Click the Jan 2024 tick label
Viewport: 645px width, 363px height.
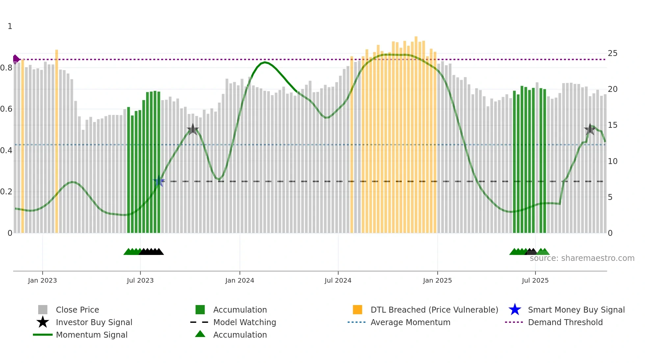(x=240, y=280)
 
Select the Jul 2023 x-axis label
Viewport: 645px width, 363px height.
(x=140, y=280)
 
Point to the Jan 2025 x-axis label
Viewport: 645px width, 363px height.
(x=437, y=280)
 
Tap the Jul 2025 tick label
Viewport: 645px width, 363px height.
(x=535, y=280)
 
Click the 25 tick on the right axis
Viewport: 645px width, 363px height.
(x=612, y=53)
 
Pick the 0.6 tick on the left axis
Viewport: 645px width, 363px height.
(x=6, y=109)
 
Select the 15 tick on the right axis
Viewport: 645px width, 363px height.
(x=612, y=125)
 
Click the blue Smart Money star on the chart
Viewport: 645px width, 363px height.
(x=159, y=181)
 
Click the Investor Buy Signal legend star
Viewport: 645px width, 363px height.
(x=43, y=322)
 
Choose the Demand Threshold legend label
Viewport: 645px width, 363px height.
(x=565, y=322)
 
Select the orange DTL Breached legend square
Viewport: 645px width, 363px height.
(x=357, y=310)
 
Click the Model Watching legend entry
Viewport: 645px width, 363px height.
(x=245, y=322)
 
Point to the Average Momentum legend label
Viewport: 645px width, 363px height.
(x=410, y=322)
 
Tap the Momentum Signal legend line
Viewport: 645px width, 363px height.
(x=43, y=335)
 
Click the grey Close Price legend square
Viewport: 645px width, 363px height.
(x=43, y=310)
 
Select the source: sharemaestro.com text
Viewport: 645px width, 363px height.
(x=582, y=258)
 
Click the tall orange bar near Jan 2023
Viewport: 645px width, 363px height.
(x=57, y=142)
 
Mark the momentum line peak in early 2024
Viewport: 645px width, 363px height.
(x=265, y=62)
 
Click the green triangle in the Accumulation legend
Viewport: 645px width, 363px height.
(x=200, y=334)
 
